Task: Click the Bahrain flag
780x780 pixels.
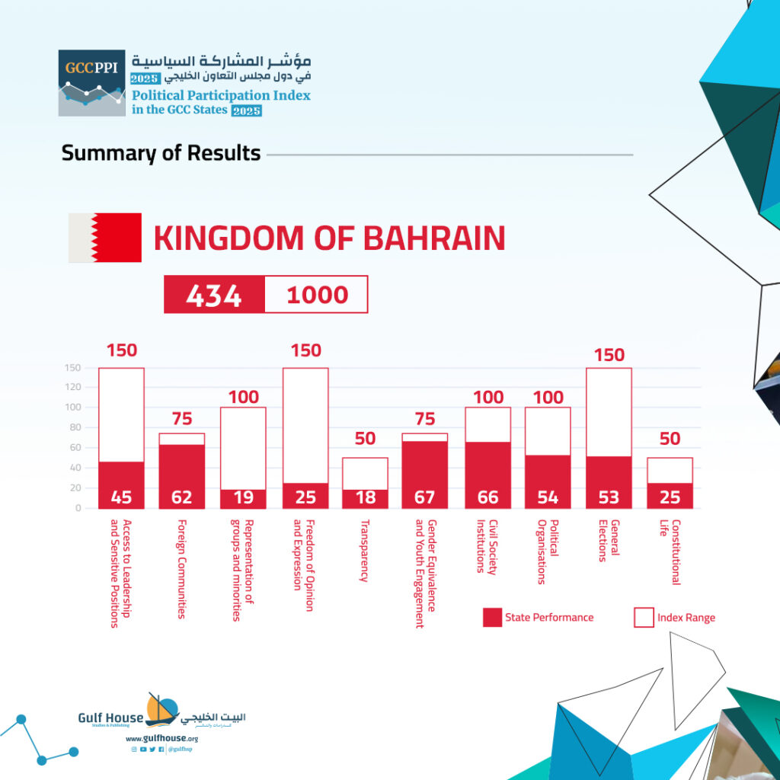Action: [105, 238]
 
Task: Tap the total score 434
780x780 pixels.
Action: [214, 296]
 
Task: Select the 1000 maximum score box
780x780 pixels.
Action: [316, 295]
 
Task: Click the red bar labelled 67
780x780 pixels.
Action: [425, 475]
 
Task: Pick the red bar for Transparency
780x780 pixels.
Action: [365, 499]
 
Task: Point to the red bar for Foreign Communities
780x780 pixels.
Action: [182, 477]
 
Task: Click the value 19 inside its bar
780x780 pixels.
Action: [243, 497]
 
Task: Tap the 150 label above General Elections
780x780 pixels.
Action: [609, 355]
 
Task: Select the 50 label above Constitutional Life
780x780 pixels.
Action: [670, 438]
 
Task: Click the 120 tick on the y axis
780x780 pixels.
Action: [72, 387]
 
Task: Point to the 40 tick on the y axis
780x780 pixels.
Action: [75, 468]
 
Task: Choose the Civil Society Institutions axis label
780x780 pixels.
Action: [487, 547]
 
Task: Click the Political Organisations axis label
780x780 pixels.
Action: [548, 551]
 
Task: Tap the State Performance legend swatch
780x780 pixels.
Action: [492, 617]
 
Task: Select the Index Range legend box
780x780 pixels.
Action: [644, 617]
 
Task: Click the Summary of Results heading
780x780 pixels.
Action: [161, 153]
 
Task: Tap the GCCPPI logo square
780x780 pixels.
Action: [92, 83]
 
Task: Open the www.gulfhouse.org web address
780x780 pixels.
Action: [162, 739]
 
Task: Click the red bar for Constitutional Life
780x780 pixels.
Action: [670, 495]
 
